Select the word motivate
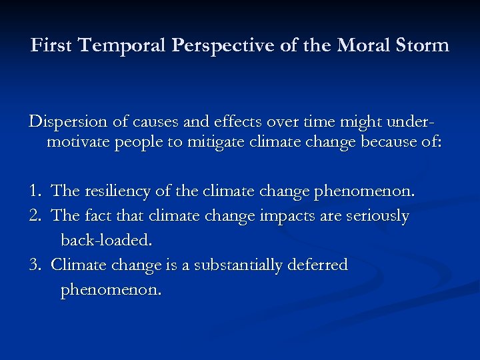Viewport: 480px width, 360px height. coord(79,143)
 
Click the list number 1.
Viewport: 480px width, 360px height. coord(35,191)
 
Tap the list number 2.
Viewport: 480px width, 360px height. coord(35,216)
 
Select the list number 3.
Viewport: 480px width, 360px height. coord(35,265)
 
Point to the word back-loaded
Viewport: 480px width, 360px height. coord(107,240)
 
